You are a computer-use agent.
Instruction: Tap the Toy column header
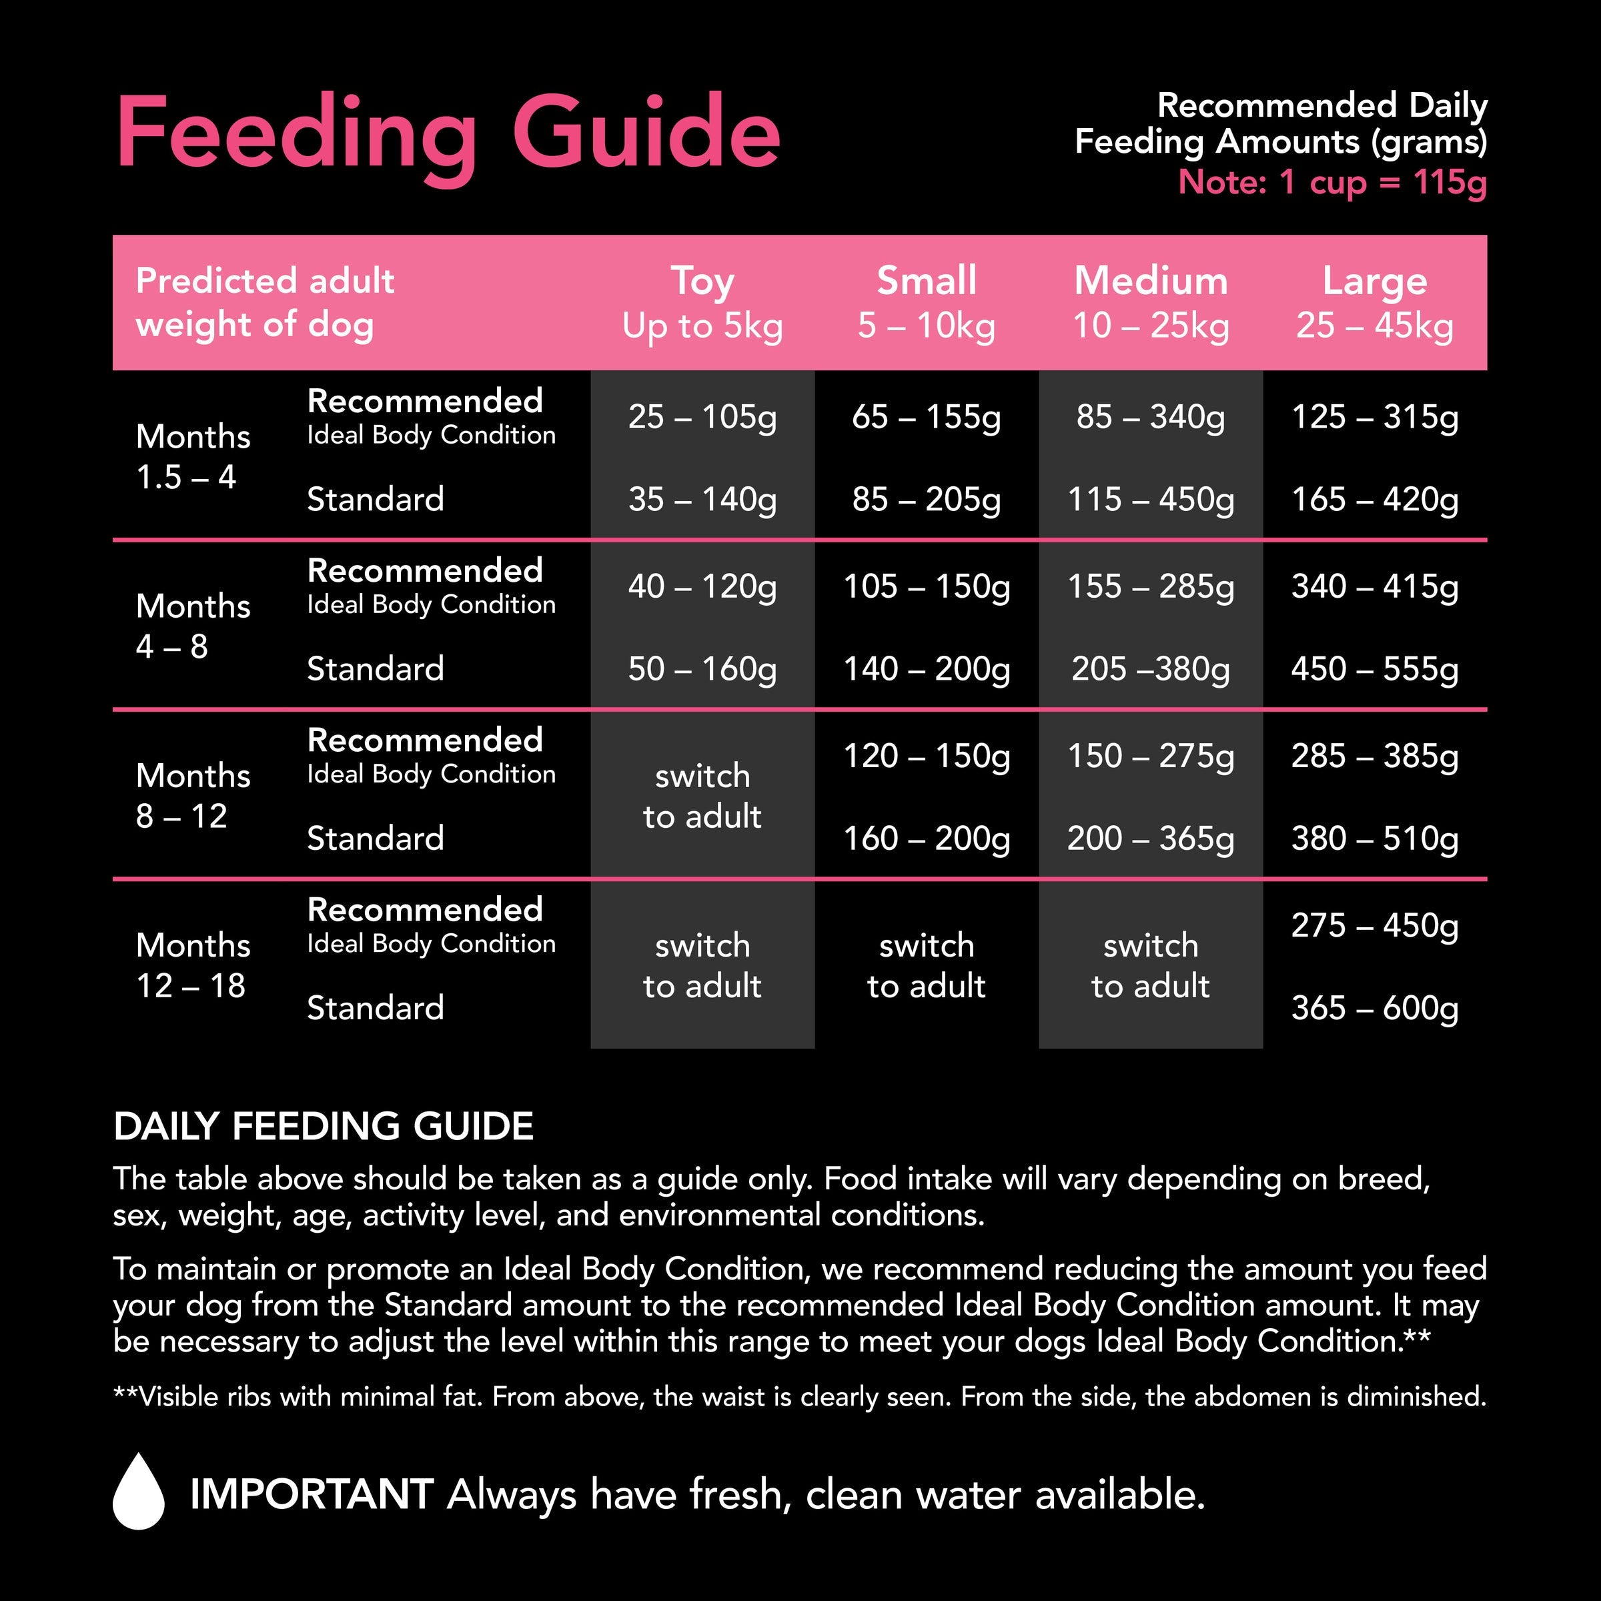pos(702,302)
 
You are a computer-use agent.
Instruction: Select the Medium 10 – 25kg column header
pos(1150,302)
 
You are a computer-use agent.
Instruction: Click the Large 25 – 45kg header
pos(1374,302)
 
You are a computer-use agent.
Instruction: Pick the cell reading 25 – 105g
pos(702,417)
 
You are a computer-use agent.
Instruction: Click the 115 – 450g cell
pos(1150,500)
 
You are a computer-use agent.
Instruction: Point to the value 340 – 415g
pos(1374,587)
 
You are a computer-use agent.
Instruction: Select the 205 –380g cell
pos(1150,668)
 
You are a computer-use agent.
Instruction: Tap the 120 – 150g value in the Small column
pos(926,756)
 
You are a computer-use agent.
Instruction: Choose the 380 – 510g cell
pos(1374,839)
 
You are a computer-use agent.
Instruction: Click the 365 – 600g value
pos(1374,1009)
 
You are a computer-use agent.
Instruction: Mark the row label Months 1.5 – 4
pos(193,456)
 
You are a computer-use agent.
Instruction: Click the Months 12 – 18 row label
pos(193,965)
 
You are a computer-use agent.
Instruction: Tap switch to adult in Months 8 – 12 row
pos(702,796)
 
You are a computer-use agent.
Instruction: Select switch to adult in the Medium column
pos(1150,965)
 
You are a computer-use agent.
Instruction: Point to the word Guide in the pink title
pos(646,133)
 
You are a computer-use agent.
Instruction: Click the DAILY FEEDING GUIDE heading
pos(323,1126)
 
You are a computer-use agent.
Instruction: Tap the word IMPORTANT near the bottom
pos(312,1494)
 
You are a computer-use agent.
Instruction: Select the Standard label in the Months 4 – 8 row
pos(376,668)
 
